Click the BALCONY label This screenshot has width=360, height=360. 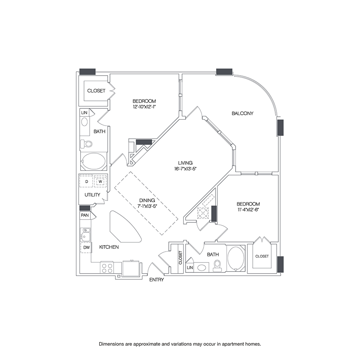(242, 113)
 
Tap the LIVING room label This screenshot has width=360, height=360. (185, 163)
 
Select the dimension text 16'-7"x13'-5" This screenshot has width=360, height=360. (185, 169)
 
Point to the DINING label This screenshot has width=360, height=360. (147, 200)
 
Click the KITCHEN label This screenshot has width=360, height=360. (109, 247)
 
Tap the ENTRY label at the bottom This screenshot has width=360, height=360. (156, 280)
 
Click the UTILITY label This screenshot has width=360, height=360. (92, 195)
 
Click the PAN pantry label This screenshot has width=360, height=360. (85, 215)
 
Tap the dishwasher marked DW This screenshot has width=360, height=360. (86, 248)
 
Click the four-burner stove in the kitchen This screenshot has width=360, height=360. (107, 268)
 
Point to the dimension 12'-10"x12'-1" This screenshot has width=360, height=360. (144, 106)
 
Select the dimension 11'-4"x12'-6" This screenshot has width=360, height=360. (248, 209)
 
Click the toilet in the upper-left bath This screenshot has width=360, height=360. (86, 144)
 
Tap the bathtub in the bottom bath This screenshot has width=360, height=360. (236, 258)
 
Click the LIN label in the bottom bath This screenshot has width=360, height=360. (190, 268)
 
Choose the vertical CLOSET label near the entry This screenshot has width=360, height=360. (180, 257)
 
